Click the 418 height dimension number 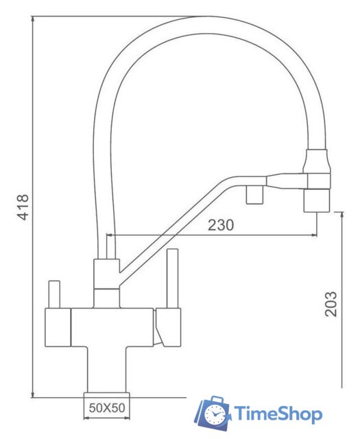(x=23, y=206)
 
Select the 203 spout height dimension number (x=331, y=302)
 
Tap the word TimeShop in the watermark (x=278, y=414)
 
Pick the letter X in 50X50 (x=107, y=407)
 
